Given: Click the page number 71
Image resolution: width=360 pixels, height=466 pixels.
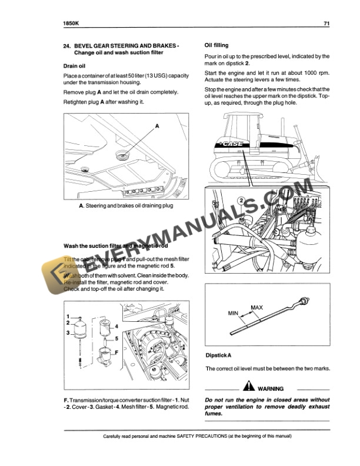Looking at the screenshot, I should coord(326,24).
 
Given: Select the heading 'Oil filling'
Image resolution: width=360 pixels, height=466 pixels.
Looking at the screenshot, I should coord(216,45).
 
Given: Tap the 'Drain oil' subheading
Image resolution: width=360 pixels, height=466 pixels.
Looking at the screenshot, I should coord(74,66).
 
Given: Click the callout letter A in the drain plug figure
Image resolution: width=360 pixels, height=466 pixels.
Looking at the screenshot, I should coord(158,126).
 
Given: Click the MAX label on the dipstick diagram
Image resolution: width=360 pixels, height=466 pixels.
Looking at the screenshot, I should coord(257,308).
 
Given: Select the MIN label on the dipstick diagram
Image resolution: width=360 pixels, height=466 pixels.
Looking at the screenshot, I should coord(235,314).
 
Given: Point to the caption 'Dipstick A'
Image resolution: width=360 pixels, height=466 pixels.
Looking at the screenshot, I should coord(218,355).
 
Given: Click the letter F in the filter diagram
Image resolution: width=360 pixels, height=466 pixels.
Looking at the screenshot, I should coord(116,351).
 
